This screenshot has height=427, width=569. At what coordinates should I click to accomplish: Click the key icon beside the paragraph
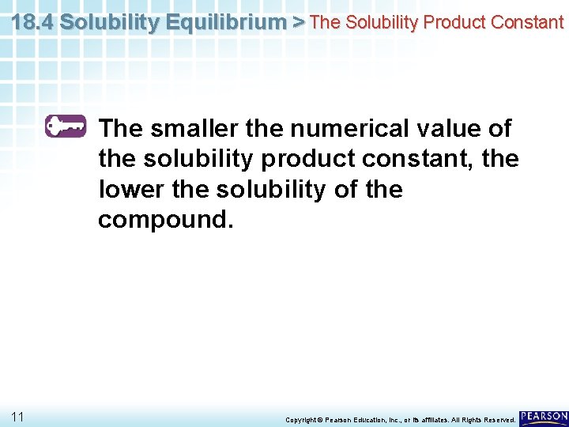pyautogui.click(x=66, y=127)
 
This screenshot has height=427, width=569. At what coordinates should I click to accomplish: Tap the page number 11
pyautogui.click(x=17, y=416)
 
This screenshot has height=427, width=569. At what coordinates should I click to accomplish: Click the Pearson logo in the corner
pyautogui.click(x=544, y=417)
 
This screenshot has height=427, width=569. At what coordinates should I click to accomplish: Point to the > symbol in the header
pyautogui.click(x=298, y=22)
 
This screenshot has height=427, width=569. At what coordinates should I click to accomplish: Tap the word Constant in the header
pyautogui.click(x=527, y=22)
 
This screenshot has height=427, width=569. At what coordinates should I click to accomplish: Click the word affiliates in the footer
pyautogui.click(x=439, y=419)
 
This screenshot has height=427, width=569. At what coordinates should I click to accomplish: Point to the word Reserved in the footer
pyautogui.click(x=499, y=419)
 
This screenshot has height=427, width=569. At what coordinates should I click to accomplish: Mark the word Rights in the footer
pyautogui.click(x=473, y=419)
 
